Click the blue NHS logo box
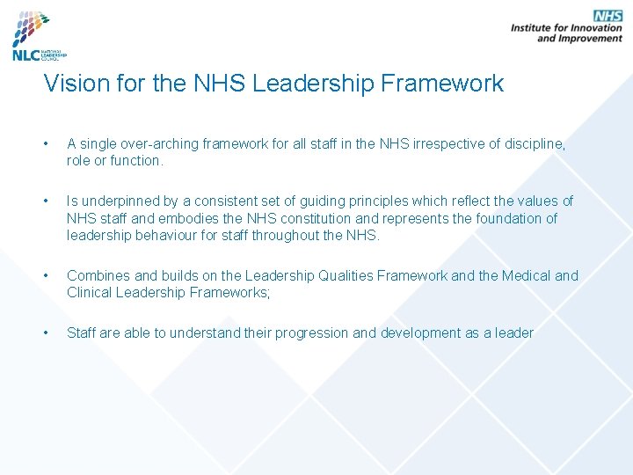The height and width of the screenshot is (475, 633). (x=608, y=16)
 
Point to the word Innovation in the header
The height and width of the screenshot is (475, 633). (x=591, y=28)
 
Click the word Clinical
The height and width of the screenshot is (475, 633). (x=91, y=292)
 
